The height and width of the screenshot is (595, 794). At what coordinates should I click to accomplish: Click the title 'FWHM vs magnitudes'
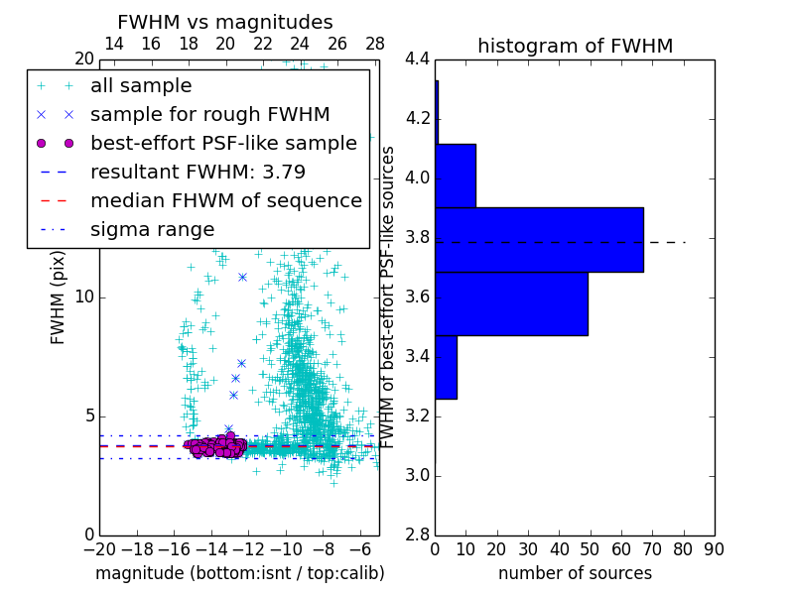(225, 22)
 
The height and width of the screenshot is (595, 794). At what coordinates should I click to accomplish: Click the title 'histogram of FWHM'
(575, 46)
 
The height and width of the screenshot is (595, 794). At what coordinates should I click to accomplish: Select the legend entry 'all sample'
(141, 86)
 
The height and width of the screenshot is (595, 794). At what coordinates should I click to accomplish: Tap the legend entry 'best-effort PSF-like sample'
(223, 143)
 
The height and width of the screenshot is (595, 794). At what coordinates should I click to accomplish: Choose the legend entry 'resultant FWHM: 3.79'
(198, 172)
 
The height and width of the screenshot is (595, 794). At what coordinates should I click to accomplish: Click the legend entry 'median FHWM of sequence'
(225, 200)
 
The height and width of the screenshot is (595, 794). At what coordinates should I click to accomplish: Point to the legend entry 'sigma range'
(152, 229)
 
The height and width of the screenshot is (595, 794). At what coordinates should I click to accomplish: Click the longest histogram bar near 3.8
(539, 239)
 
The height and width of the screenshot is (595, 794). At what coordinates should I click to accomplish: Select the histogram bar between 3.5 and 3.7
(511, 303)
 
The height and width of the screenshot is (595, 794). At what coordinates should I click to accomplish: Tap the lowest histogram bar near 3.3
(446, 367)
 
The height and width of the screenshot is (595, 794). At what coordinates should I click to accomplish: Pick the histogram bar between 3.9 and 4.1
(456, 176)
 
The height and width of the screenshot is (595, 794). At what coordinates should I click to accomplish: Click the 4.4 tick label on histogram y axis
(417, 59)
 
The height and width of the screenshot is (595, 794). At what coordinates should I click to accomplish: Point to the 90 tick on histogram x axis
(713, 549)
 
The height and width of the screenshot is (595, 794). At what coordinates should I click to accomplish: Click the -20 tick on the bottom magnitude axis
(99, 549)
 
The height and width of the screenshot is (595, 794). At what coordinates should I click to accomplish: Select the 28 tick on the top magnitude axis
(375, 44)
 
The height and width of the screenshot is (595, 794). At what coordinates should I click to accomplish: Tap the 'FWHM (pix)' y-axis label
(59, 297)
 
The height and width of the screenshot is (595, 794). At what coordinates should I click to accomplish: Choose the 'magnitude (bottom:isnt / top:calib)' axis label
(239, 573)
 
